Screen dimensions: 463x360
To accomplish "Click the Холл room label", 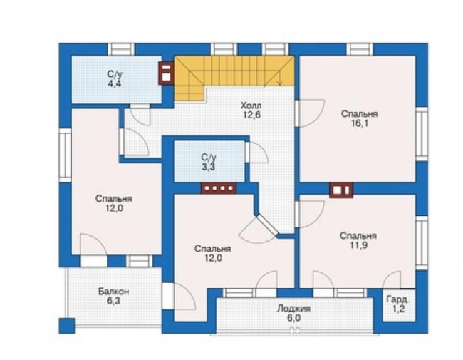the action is click(x=251, y=106).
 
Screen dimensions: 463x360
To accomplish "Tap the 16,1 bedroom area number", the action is click(x=359, y=123).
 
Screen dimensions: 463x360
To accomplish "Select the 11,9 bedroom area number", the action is click(x=359, y=245).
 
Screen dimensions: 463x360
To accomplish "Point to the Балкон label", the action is click(x=114, y=292).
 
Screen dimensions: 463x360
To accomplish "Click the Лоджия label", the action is click(x=293, y=309).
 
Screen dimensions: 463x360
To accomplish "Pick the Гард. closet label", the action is click(x=398, y=299).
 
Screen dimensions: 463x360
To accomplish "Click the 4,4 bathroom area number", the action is click(x=114, y=83).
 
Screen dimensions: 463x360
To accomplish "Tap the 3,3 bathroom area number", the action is click(x=209, y=167).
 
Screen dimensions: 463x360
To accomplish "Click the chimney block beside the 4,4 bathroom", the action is click(x=166, y=73).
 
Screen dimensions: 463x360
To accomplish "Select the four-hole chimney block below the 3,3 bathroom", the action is click(x=219, y=188).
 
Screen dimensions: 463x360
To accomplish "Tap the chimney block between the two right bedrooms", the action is click(x=341, y=190).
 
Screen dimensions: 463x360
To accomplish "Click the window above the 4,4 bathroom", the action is click(x=121, y=49).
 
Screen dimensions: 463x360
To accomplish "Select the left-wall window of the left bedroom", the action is click(x=65, y=155).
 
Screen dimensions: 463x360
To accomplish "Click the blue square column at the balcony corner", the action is click(x=67, y=326).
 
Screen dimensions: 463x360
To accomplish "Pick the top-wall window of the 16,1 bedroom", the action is click(x=359, y=49).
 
